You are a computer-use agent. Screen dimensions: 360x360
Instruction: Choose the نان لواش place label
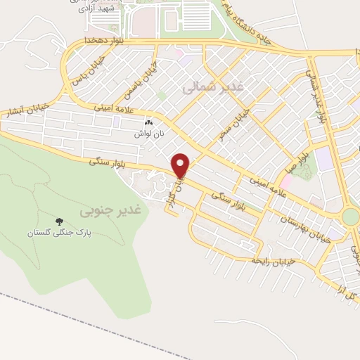(149, 133)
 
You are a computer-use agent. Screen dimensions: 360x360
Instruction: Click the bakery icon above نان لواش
(148, 122)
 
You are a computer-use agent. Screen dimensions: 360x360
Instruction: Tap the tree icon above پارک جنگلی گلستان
(59, 221)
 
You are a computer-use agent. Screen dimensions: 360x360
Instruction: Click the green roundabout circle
(352, 216)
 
